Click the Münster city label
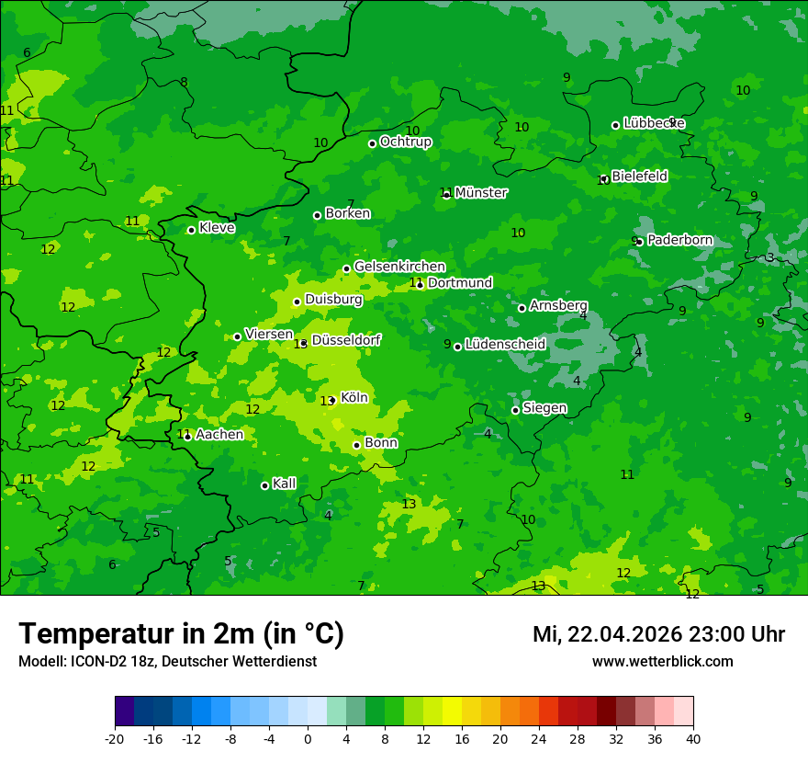[480, 193]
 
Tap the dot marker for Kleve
[191, 230]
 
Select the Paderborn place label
[679, 240]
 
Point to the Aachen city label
[219, 435]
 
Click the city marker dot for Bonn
[357, 445]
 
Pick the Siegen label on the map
[544, 408]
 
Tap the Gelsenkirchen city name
[399, 267]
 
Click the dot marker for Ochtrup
[372, 143]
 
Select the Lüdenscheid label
[505, 345]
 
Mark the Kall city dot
[264, 485]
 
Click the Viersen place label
[269, 335]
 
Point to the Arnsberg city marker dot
[522, 308]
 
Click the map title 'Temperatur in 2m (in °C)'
[181, 634]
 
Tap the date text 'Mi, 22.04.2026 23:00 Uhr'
[658, 634]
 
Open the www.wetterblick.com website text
[662, 661]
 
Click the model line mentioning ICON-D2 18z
[167, 661]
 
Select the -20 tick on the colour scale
[115, 739]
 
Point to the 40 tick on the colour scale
[693, 739]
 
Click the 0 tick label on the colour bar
[308, 739]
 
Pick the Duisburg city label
[333, 300]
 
